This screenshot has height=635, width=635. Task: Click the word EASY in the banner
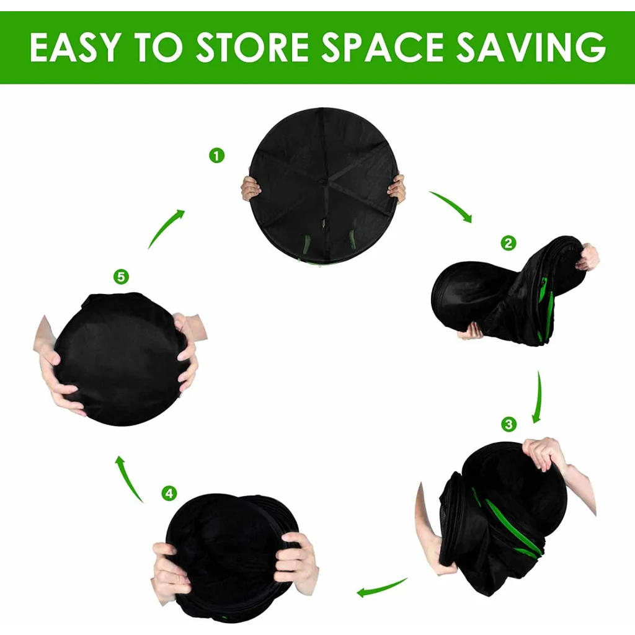75,47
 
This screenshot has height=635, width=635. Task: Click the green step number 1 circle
216,156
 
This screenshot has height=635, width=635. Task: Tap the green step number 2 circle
508,243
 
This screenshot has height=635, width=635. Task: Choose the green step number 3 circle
508,424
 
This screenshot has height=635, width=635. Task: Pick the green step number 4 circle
169,493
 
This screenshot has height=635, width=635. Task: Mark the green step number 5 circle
121,277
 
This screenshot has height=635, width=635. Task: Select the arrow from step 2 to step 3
539,397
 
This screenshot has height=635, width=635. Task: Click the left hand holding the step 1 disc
251,189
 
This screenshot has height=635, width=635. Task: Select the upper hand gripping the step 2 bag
587,257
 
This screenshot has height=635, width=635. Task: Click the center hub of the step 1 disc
323,183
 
